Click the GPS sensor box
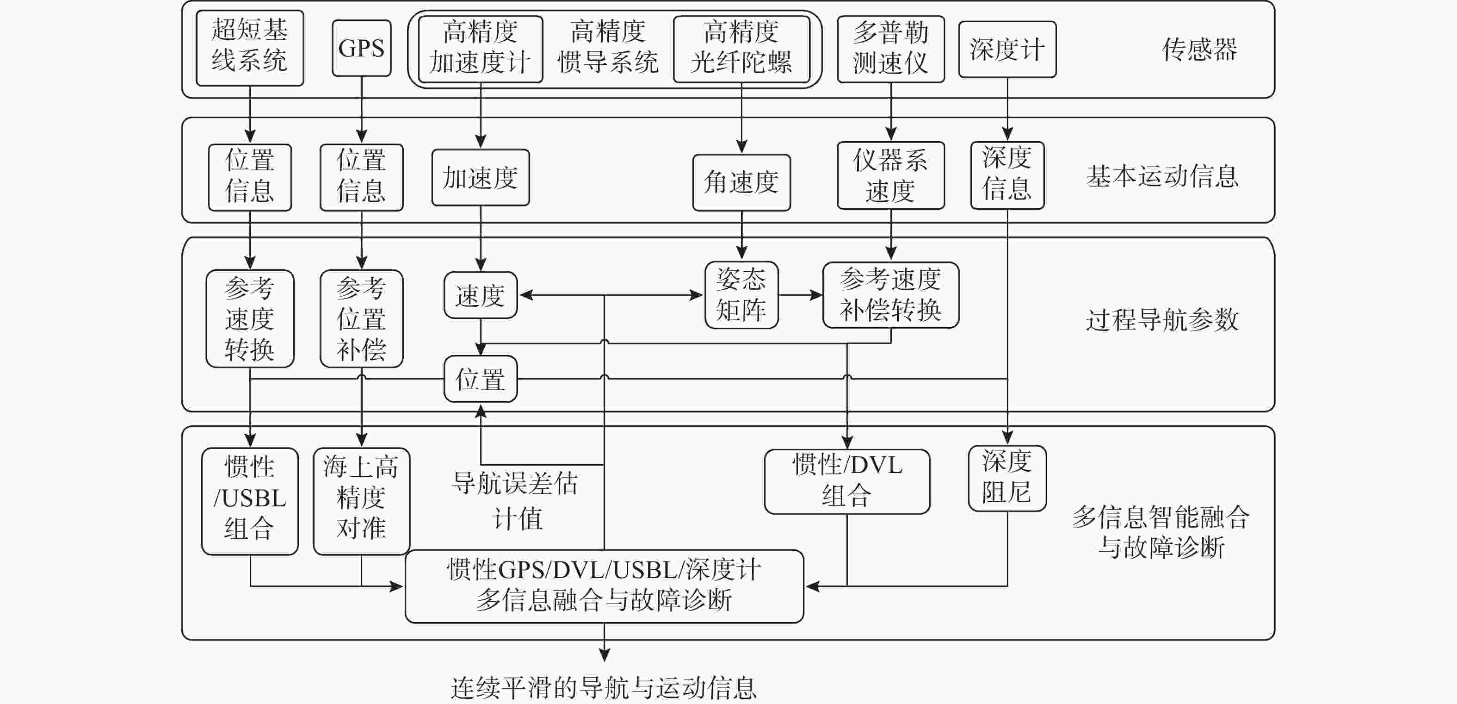pos(361,48)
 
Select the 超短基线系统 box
pos(250,48)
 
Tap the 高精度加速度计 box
pos(481,49)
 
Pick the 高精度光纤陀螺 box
pos(741,49)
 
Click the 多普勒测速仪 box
pos(891,49)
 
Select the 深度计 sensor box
pos(1007,49)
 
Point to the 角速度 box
pos(741,183)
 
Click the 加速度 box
pos(481,177)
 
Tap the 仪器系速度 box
pos(891,175)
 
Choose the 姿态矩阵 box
pos(741,295)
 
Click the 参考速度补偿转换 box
pos(891,295)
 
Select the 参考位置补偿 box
pos(361,318)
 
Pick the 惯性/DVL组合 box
pos(847,481)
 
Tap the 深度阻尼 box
pos(1007,479)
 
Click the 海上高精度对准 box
pos(361,501)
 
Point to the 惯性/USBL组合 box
pos(250,501)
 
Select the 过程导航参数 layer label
pos(1162,320)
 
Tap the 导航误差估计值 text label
pos(515,501)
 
